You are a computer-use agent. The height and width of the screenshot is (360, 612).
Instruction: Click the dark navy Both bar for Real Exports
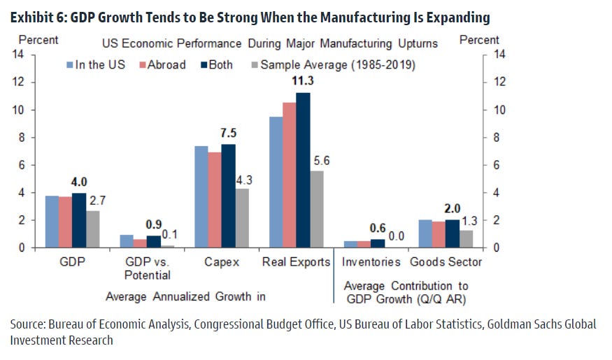303,170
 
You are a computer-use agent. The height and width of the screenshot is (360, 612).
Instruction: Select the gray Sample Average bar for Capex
242,218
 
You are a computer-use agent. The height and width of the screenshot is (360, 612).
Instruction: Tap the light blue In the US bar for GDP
52,222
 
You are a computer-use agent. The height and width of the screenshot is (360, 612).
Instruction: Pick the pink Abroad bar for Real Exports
290,175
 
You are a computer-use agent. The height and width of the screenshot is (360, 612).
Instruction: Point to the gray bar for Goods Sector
466,238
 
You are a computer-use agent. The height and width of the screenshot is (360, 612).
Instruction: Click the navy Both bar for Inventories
378,243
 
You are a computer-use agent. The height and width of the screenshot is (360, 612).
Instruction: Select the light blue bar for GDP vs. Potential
127,241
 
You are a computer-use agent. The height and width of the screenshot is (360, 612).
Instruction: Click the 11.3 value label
303,80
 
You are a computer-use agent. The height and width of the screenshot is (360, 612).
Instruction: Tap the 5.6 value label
322,161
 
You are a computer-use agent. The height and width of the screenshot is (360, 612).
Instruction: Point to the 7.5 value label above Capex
228,133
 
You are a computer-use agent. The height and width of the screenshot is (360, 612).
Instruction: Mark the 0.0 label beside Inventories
396,236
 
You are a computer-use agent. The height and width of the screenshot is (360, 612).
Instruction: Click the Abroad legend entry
162,65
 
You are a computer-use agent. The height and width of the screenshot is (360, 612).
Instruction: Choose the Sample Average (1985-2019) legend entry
334,65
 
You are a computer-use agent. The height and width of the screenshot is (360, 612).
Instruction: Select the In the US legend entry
96,65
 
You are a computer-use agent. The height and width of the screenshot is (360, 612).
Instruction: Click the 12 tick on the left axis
18,82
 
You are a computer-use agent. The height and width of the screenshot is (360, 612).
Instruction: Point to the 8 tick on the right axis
496,138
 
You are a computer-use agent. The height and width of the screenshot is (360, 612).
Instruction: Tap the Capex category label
222,261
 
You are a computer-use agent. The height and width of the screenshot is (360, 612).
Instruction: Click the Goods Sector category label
446,261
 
